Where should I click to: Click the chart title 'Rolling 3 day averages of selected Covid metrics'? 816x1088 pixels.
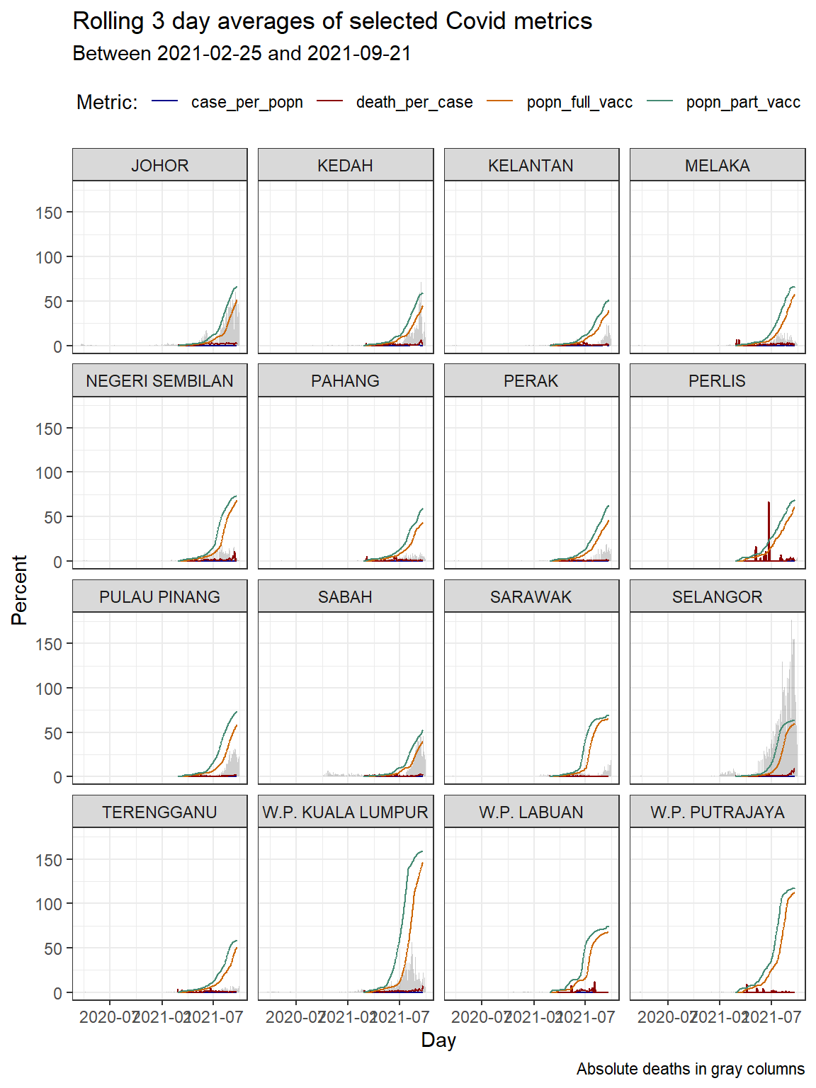(x=332, y=21)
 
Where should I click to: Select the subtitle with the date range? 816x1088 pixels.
(x=242, y=54)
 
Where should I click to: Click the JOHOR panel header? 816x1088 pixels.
(x=160, y=166)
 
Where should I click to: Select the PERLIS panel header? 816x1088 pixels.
(x=717, y=381)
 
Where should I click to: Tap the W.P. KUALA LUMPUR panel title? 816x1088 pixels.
(x=346, y=812)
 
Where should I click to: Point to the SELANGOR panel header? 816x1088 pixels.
(x=717, y=597)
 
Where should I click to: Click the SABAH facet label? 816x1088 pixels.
(x=346, y=597)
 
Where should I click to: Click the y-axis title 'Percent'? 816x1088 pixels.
(x=19, y=589)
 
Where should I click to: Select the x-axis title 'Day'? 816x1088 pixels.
(x=438, y=1040)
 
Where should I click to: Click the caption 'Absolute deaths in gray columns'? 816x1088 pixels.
(x=690, y=1069)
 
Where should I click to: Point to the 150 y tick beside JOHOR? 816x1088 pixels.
(x=49, y=212)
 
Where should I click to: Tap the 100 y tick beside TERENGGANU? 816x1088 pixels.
(x=49, y=905)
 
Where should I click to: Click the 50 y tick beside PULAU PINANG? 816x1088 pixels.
(x=53, y=733)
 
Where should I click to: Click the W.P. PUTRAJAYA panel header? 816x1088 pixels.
(x=717, y=812)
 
